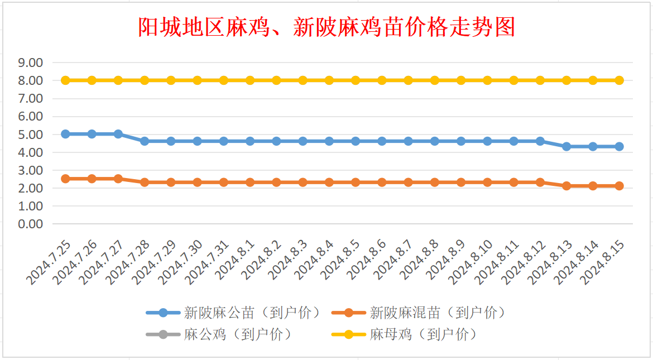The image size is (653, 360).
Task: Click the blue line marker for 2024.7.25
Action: click(65, 134)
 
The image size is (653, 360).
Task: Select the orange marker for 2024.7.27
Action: click(118, 179)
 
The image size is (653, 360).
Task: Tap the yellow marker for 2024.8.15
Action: click(619, 80)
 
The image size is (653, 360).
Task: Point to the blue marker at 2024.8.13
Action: click(566, 146)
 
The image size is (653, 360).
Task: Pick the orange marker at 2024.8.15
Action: click(619, 186)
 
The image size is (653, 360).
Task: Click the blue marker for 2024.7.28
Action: click(145, 141)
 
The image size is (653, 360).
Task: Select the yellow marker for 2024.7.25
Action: click(65, 80)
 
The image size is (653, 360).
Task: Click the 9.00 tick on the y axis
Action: click(31, 63)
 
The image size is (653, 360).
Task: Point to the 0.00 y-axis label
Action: click(31, 224)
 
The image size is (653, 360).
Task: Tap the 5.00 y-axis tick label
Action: click(31, 134)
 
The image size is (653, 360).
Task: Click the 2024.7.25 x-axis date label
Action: click(49, 262)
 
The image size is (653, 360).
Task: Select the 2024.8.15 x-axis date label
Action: click(603, 262)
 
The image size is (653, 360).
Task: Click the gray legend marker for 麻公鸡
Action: click(163, 335)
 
